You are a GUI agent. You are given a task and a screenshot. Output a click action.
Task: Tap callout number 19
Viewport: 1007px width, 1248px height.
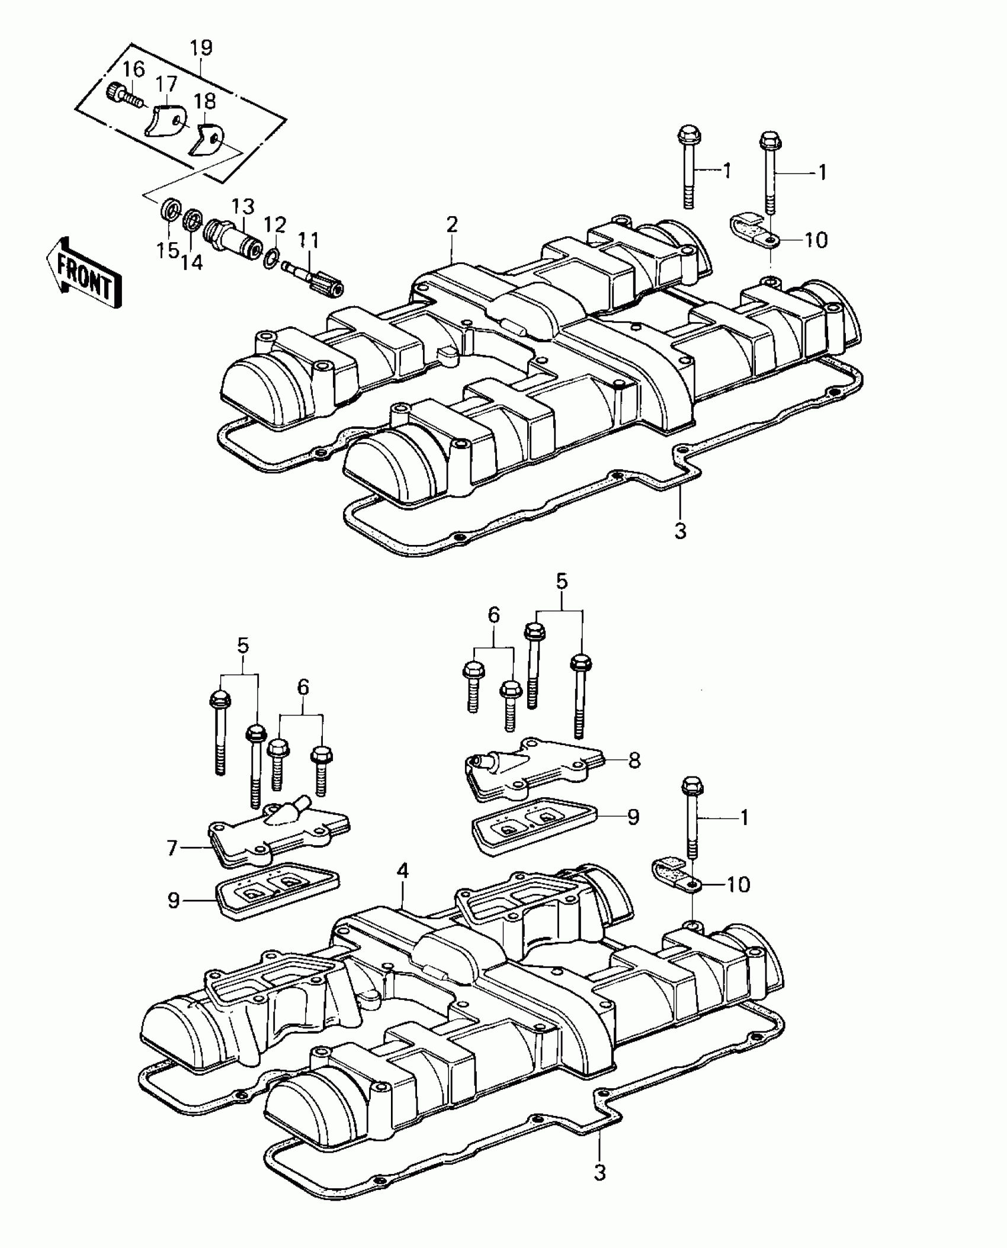[x=201, y=49]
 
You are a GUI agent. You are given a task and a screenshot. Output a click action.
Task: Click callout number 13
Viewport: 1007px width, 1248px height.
[x=243, y=206]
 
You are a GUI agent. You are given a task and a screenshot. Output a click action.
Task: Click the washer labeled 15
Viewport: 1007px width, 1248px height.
[x=169, y=211]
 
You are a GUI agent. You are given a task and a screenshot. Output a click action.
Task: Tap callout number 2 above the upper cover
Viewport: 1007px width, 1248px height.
[x=452, y=225]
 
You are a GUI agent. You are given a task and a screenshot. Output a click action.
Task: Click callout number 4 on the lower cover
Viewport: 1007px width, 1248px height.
[x=403, y=887]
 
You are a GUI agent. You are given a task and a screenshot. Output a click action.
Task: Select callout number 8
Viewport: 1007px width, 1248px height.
[x=634, y=760]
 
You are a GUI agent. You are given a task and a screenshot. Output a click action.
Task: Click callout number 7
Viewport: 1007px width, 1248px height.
[x=172, y=848]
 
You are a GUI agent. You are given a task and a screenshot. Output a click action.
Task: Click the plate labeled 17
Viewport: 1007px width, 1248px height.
[x=165, y=121]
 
